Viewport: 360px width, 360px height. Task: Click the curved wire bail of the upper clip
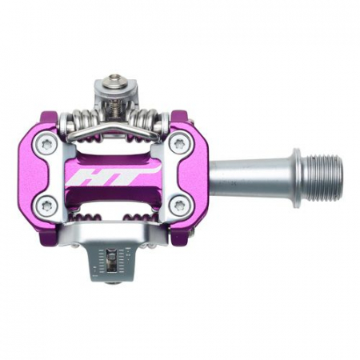(113, 130)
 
